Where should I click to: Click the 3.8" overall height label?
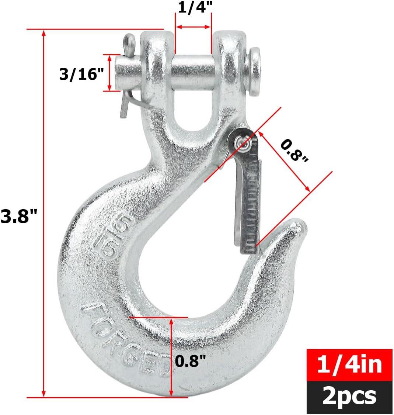click(19, 216)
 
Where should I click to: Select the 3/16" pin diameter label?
click(81, 74)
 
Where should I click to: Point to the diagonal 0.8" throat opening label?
click(293, 151)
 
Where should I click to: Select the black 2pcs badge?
click(349, 397)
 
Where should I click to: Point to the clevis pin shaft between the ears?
click(193, 73)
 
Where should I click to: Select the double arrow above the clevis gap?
click(193, 27)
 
